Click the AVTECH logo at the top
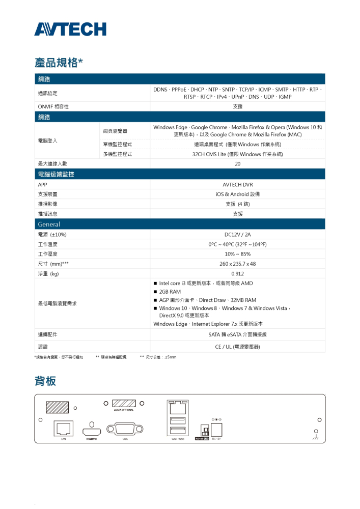click(x=70, y=30)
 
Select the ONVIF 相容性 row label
click(x=53, y=106)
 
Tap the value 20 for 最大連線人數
click(x=237, y=164)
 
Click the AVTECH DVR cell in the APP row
click(x=237, y=185)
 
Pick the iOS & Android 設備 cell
click(x=237, y=194)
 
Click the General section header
click(x=49, y=224)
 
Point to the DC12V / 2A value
click(x=237, y=235)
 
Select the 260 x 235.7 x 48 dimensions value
click(x=237, y=264)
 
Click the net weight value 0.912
click(x=237, y=274)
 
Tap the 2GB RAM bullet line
click(x=170, y=292)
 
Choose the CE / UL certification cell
click(x=237, y=347)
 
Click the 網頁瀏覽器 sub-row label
click(x=115, y=131)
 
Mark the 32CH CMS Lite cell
click(x=237, y=154)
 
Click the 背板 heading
click(x=45, y=381)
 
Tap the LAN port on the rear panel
click(x=63, y=429)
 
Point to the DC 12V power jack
click(x=216, y=430)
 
